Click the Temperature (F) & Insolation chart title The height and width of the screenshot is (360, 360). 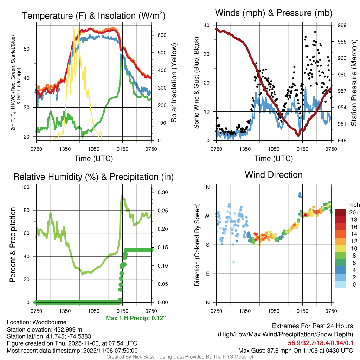(x=94, y=15)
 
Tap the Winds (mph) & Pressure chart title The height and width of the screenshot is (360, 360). (x=274, y=13)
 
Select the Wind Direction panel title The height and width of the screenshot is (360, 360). (x=274, y=175)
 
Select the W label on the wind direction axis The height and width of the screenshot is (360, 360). (x=207, y=216)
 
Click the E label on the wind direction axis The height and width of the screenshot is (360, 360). (x=208, y=274)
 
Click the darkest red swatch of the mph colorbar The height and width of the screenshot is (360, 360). (x=341, y=212)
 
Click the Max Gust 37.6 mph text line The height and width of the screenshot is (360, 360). (x=295, y=350)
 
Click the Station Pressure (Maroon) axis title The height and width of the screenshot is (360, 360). (x=354, y=83)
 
